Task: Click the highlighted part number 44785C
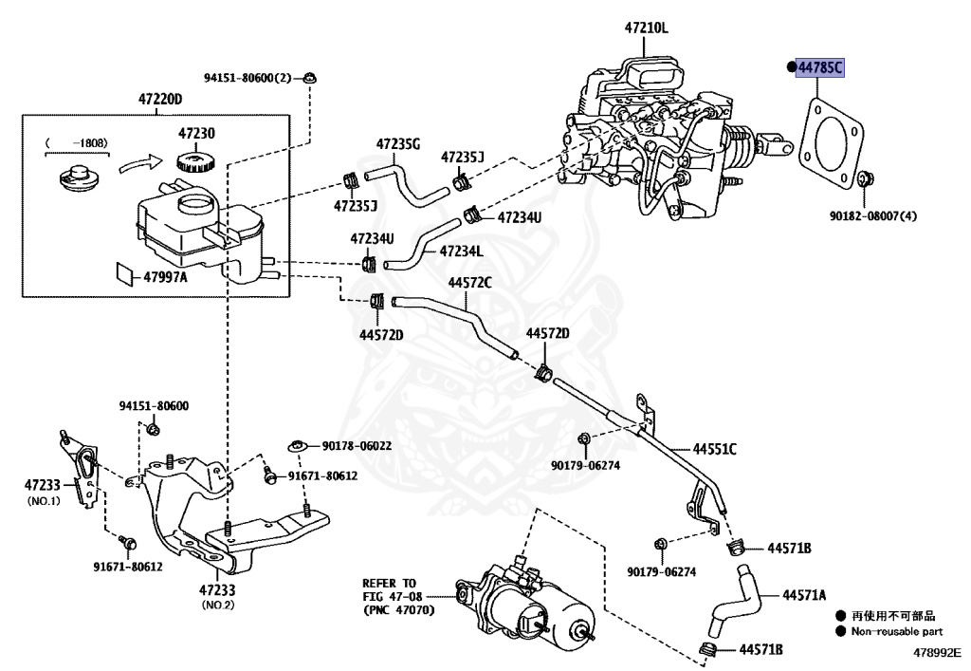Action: pos(820,67)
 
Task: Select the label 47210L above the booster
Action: pos(646,28)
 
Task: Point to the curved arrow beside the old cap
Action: pos(140,164)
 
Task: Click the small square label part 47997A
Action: pos(126,274)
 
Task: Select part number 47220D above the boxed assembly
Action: pos(159,99)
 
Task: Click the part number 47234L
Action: pos(462,251)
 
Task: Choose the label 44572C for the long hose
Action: pos(469,283)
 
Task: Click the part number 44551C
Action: pos(715,449)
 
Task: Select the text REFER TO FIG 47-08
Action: pos(392,589)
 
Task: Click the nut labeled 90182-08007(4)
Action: pos(865,178)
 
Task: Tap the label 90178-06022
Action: pos(357,445)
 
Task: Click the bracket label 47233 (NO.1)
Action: pos(43,492)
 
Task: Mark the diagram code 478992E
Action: pos(937,653)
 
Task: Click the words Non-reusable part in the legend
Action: pos(897,631)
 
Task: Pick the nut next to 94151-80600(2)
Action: pos(310,78)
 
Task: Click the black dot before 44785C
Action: pos(791,67)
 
